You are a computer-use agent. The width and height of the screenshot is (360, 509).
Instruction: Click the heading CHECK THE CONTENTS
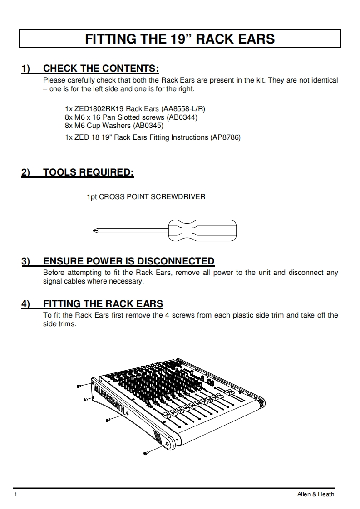pyautogui.click(x=101, y=69)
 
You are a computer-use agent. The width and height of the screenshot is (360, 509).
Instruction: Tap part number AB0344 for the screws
pyautogui.click(x=182, y=117)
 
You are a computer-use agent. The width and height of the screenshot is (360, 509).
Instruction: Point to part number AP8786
pyautogui.click(x=225, y=137)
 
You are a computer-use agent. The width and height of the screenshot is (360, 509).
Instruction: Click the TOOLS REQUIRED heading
pyautogui.click(x=89, y=172)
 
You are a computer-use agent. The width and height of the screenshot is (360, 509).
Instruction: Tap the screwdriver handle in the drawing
pyautogui.click(x=202, y=231)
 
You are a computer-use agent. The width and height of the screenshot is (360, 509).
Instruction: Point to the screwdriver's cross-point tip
pyautogui.click(x=94, y=231)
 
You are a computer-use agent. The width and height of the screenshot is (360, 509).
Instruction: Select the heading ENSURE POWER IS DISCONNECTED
pyautogui.click(x=128, y=261)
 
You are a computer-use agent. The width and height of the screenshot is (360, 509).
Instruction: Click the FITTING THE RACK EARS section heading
pyautogui.click(x=103, y=304)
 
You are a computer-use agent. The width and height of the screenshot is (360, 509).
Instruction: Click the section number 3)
pyautogui.click(x=25, y=261)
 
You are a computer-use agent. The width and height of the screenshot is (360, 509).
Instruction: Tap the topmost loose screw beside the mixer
pyautogui.click(x=79, y=386)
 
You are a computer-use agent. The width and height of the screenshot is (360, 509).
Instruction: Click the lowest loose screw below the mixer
pyautogui.click(x=146, y=452)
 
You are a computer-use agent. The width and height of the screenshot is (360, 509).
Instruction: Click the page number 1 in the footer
pyautogui.click(x=15, y=494)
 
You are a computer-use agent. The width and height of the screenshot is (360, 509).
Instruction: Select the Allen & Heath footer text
pyautogui.click(x=312, y=494)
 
